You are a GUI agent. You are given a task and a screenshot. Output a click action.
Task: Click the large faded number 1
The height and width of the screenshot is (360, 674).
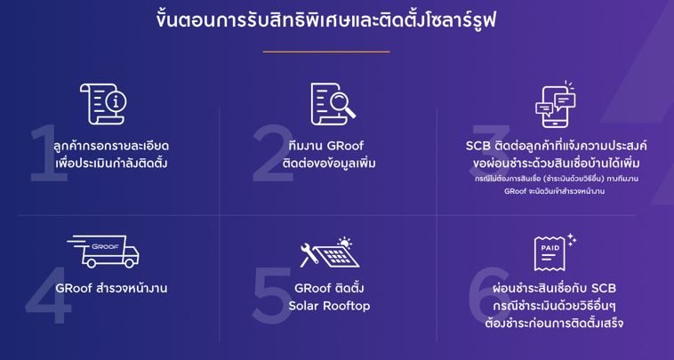pos(48,153)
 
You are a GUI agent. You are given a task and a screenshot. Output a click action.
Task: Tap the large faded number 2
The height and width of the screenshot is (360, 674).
pos(273,153)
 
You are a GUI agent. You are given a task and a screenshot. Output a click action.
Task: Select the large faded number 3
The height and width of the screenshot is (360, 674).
pos(491,146)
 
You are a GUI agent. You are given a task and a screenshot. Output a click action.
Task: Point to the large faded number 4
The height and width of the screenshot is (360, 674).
pos(48,295)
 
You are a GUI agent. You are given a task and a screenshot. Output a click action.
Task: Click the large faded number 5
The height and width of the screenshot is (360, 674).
pos(272,295)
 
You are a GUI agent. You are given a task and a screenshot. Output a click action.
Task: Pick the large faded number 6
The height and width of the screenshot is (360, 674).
pos(490,295)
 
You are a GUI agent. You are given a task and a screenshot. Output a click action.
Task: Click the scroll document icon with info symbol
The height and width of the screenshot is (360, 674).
pos(104,104)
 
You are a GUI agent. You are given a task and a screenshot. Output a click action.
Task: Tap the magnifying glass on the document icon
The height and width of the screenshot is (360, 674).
pos(341,104)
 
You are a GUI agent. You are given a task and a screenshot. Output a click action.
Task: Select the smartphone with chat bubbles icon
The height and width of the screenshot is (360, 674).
pos(556,104)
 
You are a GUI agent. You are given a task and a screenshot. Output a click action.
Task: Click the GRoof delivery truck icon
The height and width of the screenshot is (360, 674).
pos(103,251)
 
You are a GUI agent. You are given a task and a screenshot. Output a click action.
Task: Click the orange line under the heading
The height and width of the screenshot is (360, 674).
pos(326,52)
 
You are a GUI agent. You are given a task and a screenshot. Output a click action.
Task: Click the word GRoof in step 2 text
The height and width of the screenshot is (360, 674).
pos(345,146)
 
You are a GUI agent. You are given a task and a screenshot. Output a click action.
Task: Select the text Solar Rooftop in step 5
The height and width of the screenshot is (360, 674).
pos(329,306)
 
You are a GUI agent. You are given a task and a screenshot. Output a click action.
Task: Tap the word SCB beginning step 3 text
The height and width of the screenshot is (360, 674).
pos(478,146)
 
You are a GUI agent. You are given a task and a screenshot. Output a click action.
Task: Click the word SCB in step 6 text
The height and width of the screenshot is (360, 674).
pos(604,288)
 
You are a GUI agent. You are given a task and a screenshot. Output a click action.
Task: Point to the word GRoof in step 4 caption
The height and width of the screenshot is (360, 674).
pos(74,288)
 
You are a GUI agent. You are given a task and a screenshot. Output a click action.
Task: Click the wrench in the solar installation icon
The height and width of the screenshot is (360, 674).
pos(309,255)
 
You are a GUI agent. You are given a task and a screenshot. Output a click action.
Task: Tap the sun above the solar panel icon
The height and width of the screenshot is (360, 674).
pos(344,243)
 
